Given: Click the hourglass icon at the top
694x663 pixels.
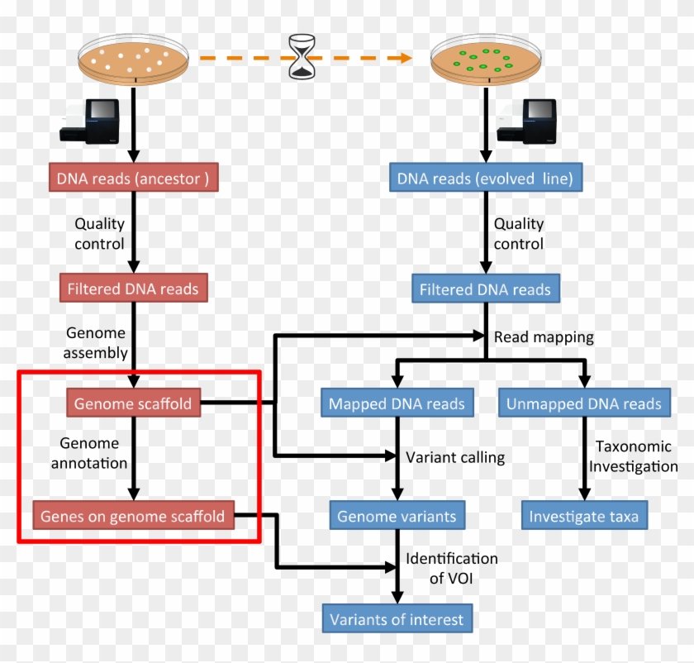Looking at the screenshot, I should point(302,57).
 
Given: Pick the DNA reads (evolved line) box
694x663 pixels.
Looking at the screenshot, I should point(485,179).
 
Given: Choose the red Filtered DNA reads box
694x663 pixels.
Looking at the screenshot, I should point(132,289).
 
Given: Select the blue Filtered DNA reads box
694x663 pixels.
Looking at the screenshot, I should point(485,290).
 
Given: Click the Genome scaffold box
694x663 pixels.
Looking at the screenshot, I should point(133,404).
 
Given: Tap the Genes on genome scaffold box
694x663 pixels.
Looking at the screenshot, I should point(133,517).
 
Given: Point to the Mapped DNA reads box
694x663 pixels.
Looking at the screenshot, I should point(397,404).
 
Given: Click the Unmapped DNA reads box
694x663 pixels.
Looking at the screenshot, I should point(584,404).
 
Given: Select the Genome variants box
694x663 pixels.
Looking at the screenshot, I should point(397,517).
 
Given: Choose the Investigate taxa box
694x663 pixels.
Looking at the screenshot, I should point(584,517).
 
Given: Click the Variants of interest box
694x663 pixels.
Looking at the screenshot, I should point(397,619).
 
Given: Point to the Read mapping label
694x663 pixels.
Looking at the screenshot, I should point(544,337).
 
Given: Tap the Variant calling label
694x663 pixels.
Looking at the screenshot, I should point(454,457).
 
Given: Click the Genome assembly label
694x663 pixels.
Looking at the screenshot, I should point(97,343).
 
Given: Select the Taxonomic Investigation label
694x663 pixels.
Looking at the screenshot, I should point(636,456).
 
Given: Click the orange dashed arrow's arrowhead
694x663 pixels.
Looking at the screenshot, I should point(403,58).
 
